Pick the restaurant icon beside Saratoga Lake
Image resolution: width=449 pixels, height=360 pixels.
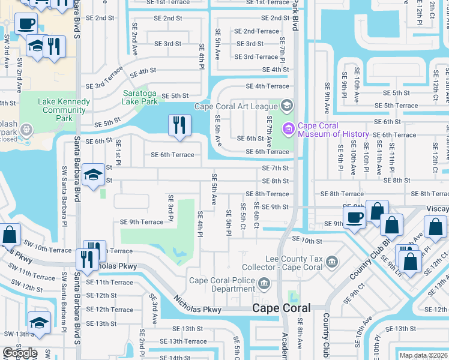[179, 125]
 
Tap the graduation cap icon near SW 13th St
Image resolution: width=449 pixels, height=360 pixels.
[40, 322]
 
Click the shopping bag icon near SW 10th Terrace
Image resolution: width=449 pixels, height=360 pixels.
[10, 235]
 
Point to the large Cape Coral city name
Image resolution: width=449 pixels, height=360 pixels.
[282, 308]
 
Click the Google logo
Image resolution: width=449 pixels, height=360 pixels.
[20, 353]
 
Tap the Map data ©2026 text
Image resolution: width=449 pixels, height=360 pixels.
[423, 355]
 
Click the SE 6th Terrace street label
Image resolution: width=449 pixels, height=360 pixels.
[172, 155]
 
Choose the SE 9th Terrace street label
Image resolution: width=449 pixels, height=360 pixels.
[142, 222]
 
